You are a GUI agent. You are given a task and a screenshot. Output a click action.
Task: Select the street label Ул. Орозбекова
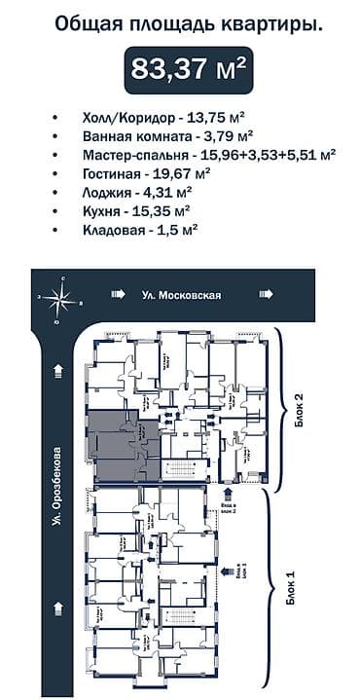pyautogui.click(x=58, y=501)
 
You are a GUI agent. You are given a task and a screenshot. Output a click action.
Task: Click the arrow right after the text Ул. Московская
pyautogui.click(x=264, y=294)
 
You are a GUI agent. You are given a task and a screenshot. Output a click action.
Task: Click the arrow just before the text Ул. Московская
pyautogui.click(x=118, y=294)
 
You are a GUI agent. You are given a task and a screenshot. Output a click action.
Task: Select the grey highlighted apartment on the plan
pyautogui.click(x=119, y=446)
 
